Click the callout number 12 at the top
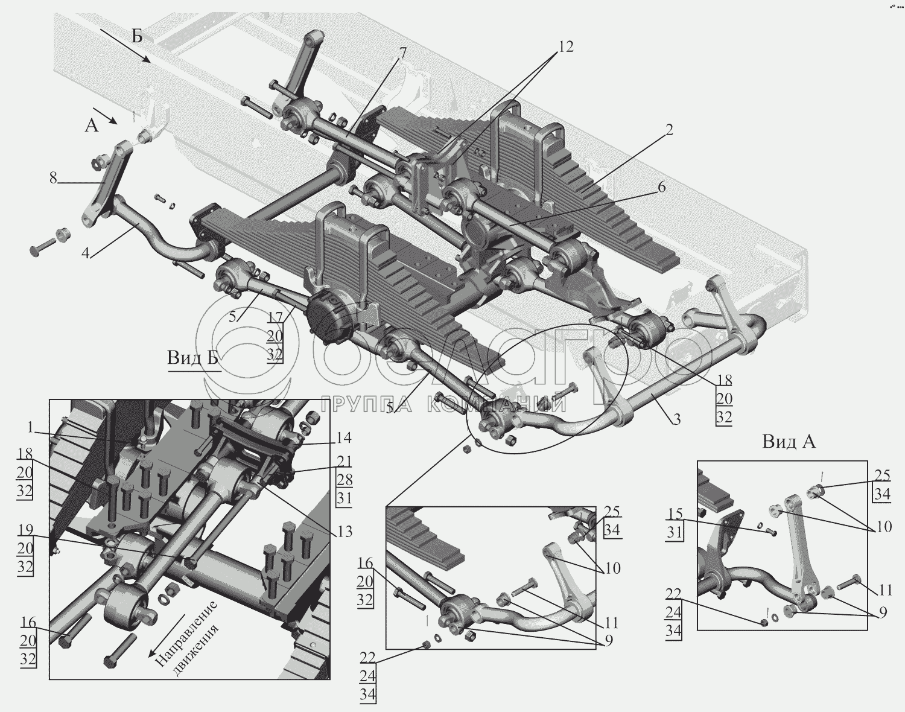[565, 47]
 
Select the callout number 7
[403, 52]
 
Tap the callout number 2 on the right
[669, 129]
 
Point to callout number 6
[661, 188]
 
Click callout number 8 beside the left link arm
[54, 178]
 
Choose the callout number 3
[676, 419]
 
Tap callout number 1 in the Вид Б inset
[30, 427]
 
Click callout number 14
[345, 437]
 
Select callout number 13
[345, 532]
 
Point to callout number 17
[275, 317]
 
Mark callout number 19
[25, 530]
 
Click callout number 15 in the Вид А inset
[675, 514]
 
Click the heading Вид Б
[192, 358]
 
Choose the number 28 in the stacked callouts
[345, 480]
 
